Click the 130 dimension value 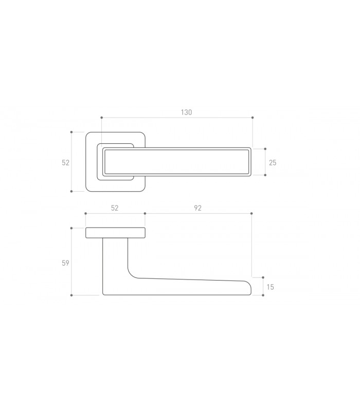click(x=186, y=112)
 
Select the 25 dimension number click(x=273, y=163)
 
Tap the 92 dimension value click(x=197, y=208)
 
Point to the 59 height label click(x=65, y=263)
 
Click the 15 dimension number click(x=271, y=287)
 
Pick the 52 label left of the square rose click(x=66, y=163)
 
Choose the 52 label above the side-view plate click(x=115, y=208)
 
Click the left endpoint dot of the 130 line click(x=101, y=118)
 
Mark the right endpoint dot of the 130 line click(x=253, y=118)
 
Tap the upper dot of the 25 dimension click(x=265, y=149)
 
